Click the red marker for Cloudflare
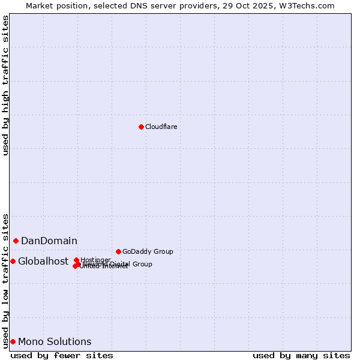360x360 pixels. [x=141, y=127]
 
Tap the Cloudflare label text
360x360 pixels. [x=161, y=127]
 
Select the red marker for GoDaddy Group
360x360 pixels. [x=118, y=251]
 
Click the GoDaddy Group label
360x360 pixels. [x=148, y=251]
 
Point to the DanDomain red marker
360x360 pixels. [x=16, y=241]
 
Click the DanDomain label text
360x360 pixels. [x=49, y=241]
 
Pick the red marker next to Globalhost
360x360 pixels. [x=13, y=261]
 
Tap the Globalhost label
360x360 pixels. [x=43, y=261]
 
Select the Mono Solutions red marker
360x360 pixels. [x=13, y=341]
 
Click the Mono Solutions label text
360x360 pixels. [x=55, y=341]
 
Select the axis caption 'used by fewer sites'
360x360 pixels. [x=62, y=355]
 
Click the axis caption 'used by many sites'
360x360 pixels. [x=301, y=355]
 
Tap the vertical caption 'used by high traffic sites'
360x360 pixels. [x=5, y=85]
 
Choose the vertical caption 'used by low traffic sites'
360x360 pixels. [x=5, y=281]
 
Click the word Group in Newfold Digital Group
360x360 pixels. [x=142, y=264]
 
